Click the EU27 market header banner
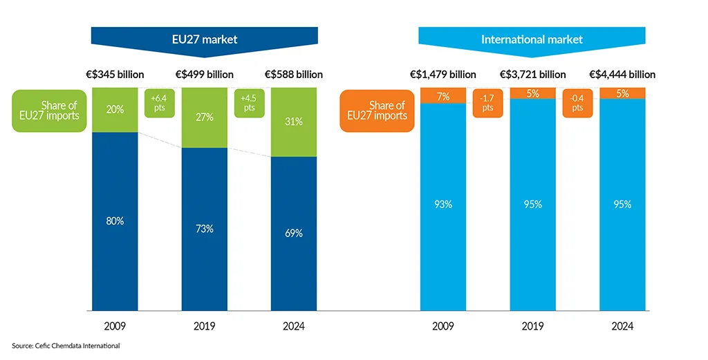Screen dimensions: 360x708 pos(204,39)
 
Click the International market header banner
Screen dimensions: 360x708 pos(532,39)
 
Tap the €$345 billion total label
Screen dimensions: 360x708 pos(115,75)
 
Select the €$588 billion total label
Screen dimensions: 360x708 pos(294,75)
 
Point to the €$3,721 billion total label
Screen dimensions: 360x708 pos(532,75)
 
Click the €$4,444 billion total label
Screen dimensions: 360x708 pos(622,75)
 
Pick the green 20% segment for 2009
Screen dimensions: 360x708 pos(115,110)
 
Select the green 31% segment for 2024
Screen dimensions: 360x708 pos(294,122)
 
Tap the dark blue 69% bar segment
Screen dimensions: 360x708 pos(294,234)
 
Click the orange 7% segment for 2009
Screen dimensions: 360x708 pos(442,95)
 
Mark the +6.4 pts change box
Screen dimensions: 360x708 pos(159,103)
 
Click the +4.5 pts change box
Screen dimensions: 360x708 pos(249,103)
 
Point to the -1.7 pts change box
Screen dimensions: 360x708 pos(487,103)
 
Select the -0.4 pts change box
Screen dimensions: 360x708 pos(577,103)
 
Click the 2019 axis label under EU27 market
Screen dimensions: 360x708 pos(204,325)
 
